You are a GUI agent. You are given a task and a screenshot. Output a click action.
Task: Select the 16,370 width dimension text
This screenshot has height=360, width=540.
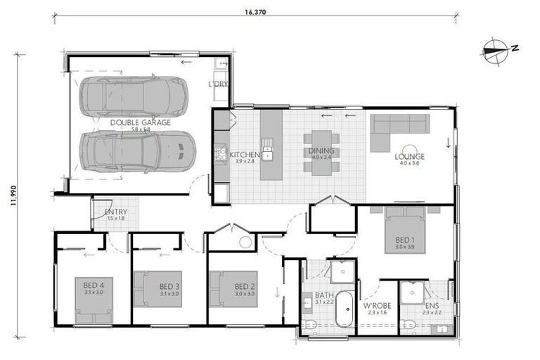[255, 12]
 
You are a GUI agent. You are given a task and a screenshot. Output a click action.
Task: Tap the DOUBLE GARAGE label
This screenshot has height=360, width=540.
[140, 122]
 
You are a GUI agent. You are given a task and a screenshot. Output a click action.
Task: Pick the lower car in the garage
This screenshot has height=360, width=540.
[136, 150]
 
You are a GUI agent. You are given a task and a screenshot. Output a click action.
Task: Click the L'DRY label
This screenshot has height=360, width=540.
[218, 84]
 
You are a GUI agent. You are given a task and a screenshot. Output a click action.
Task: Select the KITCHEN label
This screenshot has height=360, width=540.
[245, 154]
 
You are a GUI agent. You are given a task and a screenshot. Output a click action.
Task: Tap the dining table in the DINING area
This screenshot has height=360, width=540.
[321, 151]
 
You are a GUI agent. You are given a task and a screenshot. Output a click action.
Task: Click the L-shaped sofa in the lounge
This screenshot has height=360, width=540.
[399, 130]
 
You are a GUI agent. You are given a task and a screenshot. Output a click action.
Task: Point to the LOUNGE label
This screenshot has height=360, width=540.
[409, 156]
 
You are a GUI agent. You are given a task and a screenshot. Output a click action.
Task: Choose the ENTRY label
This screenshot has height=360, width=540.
[115, 212]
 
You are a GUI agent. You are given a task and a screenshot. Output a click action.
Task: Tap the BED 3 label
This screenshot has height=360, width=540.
[169, 286]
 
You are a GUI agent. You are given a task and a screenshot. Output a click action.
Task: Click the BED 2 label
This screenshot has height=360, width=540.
[244, 286]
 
